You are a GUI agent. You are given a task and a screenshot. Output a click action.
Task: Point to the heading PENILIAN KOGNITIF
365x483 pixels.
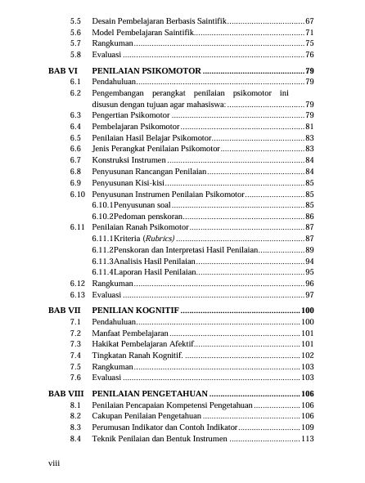(134, 311)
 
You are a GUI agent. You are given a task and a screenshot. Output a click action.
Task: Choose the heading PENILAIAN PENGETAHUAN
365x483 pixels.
(151, 394)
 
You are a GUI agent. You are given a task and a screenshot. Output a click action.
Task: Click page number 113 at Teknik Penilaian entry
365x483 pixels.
(307, 439)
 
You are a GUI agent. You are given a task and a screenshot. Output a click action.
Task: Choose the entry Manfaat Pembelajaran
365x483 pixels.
(130, 333)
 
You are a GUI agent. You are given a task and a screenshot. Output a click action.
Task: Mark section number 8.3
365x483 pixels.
(75, 427)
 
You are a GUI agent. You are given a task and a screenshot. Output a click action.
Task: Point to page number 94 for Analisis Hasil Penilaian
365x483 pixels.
(309, 260)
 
